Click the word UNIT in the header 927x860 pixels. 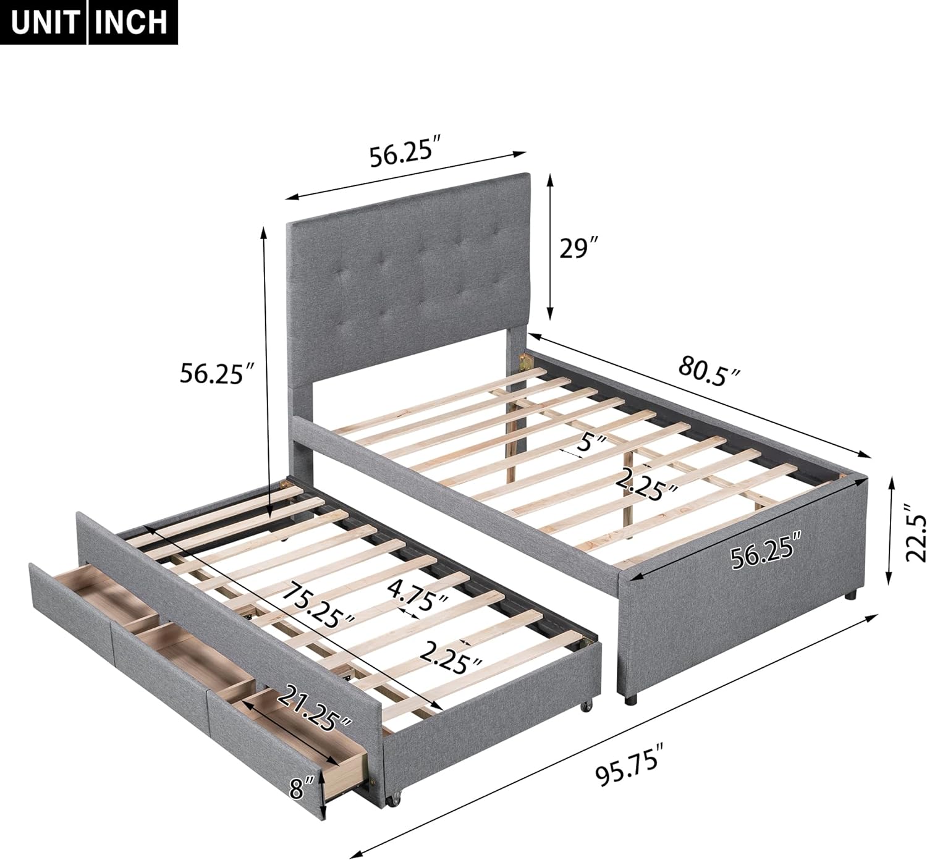45,22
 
